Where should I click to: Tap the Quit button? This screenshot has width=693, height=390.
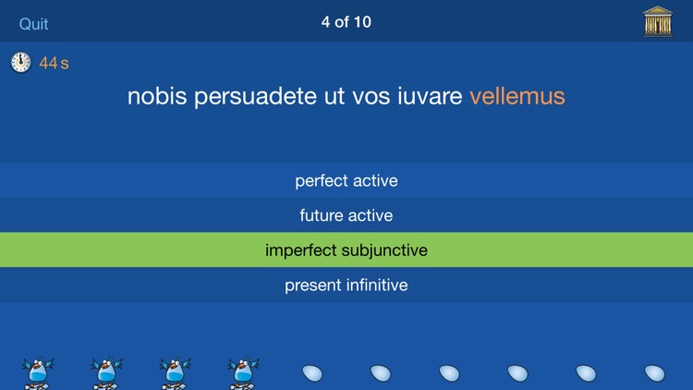click(x=34, y=23)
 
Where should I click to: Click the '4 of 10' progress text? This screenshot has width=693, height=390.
click(x=346, y=21)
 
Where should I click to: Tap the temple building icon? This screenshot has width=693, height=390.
click(x=658, y=21)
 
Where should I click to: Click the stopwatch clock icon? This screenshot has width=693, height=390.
click(x=20, y=63)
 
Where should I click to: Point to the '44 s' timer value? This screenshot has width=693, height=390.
click(x=54, y=63)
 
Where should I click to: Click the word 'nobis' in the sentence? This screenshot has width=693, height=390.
click(x=157, y=96)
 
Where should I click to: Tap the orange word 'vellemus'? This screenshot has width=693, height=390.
click(x=517, y=96)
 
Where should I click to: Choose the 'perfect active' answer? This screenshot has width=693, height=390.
click(x=346, y=180)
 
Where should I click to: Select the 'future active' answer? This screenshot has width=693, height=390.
click(x=346, y=215)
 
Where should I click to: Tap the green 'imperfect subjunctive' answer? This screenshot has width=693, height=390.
click(x=346, y=250)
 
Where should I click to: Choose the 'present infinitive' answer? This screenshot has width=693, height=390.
click(x=346, y=285)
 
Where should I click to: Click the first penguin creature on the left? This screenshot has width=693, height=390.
click(x=38, y=373)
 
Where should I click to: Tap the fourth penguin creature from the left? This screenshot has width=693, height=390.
click(x=243, y=373)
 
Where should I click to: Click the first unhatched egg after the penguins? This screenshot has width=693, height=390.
click(x=312, y=373)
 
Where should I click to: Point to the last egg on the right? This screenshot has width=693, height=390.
click(x=654, y=373)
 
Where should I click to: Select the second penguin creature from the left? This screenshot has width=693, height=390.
click(x=106, y=373)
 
